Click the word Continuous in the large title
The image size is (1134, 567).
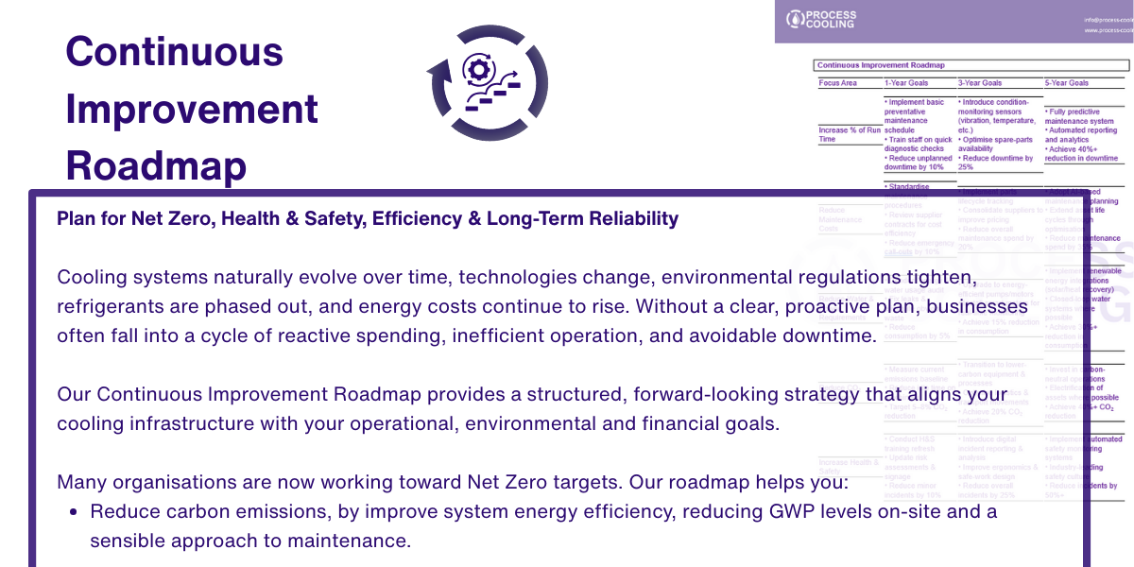point(174,51)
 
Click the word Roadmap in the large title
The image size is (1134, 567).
point(156,166)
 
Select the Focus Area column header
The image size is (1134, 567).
point(837,83)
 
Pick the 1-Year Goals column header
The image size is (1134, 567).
point(905,83)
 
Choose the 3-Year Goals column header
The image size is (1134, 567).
point(980,83)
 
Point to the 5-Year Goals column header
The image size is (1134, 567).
point(1067,83)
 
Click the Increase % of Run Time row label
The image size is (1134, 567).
point(849,134)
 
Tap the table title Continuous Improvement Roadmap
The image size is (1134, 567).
point(880,65)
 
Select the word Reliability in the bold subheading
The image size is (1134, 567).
point(630,219)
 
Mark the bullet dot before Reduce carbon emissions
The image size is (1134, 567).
point(75,512)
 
